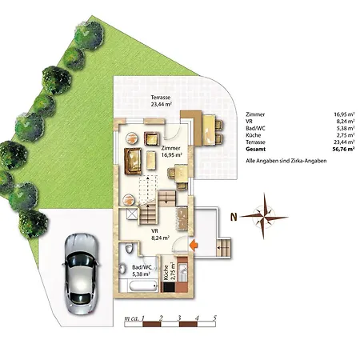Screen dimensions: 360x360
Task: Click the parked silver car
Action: pos(81,274)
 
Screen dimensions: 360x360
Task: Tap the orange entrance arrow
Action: pos(193,245)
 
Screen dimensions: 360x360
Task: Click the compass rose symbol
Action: pos(264,216)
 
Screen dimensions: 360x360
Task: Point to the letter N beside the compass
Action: pos(234,217)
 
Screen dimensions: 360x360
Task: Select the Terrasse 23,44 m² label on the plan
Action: pos(161,101)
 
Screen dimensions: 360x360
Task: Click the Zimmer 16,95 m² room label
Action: pos(171,151)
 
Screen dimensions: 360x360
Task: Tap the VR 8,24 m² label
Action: pos(160,234)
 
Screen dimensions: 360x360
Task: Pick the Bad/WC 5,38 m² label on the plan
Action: pos(142,270)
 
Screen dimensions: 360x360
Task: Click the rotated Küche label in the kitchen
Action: pos(166,272)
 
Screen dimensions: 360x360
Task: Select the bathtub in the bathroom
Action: pos(142,287)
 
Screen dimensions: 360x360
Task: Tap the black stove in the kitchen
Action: pos(169,287)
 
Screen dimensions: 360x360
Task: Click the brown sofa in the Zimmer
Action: pos(133,162)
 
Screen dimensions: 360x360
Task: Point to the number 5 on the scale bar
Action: pos(215,318)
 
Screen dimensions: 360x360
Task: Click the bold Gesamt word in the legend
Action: pos(256,149)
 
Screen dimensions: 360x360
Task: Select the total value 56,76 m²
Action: pos(343,149)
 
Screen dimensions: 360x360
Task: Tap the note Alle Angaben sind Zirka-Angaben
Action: pos(286,161)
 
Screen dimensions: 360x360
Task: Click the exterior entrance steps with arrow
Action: pos(223,247)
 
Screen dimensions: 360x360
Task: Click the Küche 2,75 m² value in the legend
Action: pos(344,135)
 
